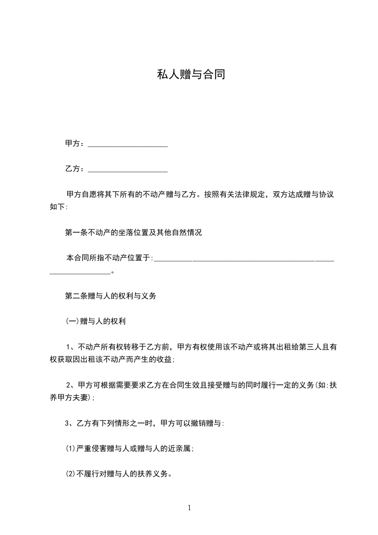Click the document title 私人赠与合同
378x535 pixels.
191,74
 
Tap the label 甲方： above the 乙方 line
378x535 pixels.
75,143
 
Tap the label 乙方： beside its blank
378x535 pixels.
75,169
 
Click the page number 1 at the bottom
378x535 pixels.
189,508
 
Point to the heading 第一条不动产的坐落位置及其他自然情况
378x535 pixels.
133,233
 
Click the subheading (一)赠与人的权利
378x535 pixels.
95,321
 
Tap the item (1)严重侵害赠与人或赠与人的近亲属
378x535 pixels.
129,448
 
